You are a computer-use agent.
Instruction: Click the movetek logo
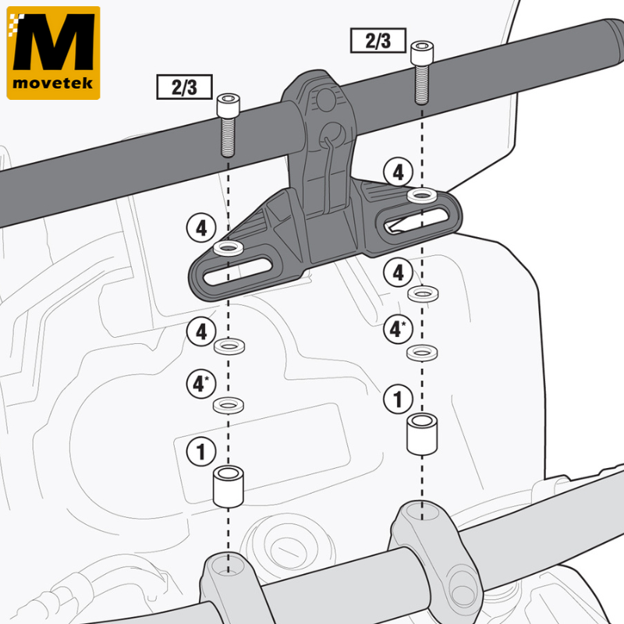point(53,52)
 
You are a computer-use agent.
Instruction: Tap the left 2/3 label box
point(184,87)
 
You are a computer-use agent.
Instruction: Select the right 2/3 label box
point(378,41)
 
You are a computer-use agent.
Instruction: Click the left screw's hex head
point(228,105)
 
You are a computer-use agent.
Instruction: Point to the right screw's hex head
point(422,52)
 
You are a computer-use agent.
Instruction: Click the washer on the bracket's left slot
point(228,248)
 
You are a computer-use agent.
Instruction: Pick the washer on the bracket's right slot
point(422,196)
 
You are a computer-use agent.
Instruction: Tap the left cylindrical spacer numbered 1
point(228,486)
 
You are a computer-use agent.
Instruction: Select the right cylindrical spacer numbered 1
point(422,434)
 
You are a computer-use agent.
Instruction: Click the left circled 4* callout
point(201,384)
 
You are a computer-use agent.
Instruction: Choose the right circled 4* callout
point(398,329)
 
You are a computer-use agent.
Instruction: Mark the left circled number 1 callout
point(201,452)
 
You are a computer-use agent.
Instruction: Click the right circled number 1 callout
point(398,399)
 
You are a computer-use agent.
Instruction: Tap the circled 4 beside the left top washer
point(201,228)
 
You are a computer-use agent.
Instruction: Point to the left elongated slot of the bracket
point(238,271)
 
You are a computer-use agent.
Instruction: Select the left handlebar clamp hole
point(228,565)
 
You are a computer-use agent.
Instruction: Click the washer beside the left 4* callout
point(229,405)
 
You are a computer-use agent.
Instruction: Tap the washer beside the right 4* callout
point(422,353)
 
